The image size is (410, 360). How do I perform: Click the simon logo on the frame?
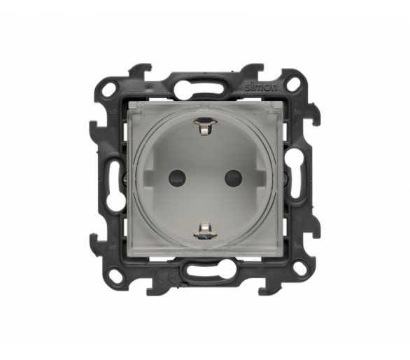[x=261, y=87]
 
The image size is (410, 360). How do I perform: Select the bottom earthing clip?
[x=205, y=231]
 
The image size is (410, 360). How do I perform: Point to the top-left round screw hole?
[x=111, y=86]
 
